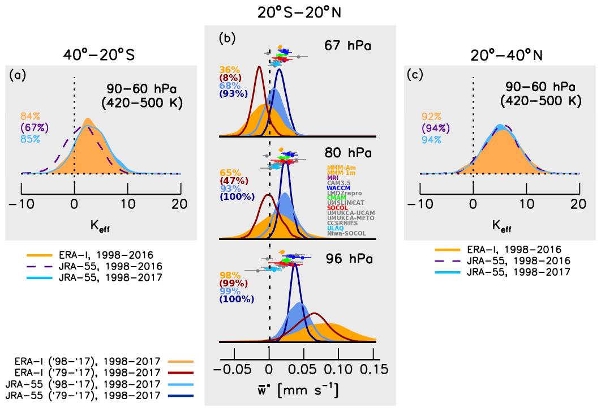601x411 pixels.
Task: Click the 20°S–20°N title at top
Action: pos(300,11)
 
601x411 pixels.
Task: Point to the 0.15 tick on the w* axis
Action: pos(373,370)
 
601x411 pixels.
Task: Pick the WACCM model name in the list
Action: pos(339,188)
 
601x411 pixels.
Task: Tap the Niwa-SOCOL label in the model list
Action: pos(346,233)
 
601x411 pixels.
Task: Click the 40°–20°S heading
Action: pos(101,55)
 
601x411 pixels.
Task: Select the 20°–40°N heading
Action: pos(500,55)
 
